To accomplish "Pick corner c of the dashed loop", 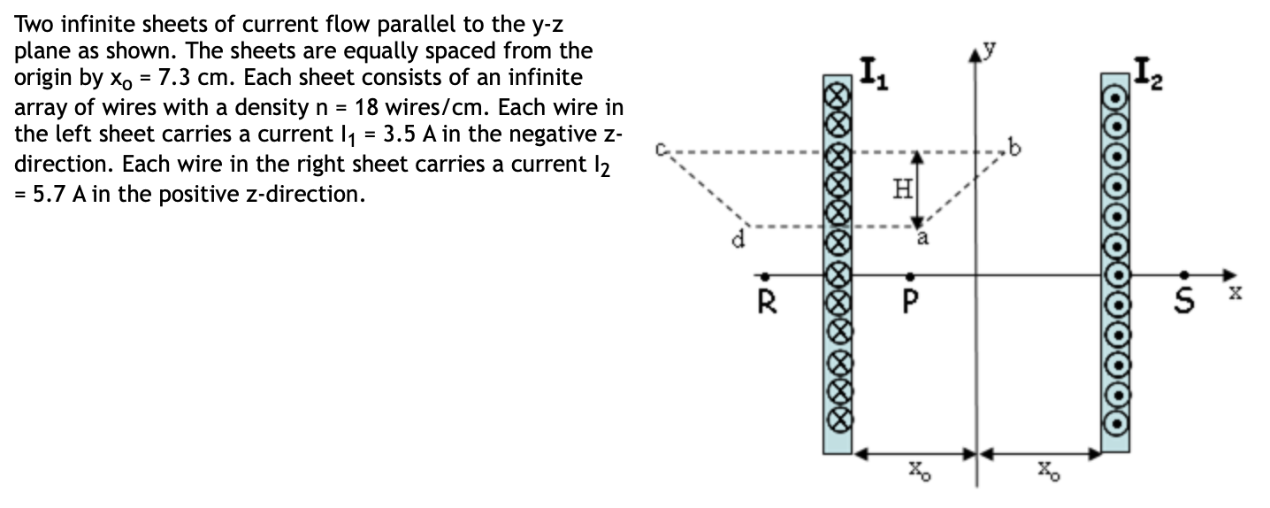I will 659,150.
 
